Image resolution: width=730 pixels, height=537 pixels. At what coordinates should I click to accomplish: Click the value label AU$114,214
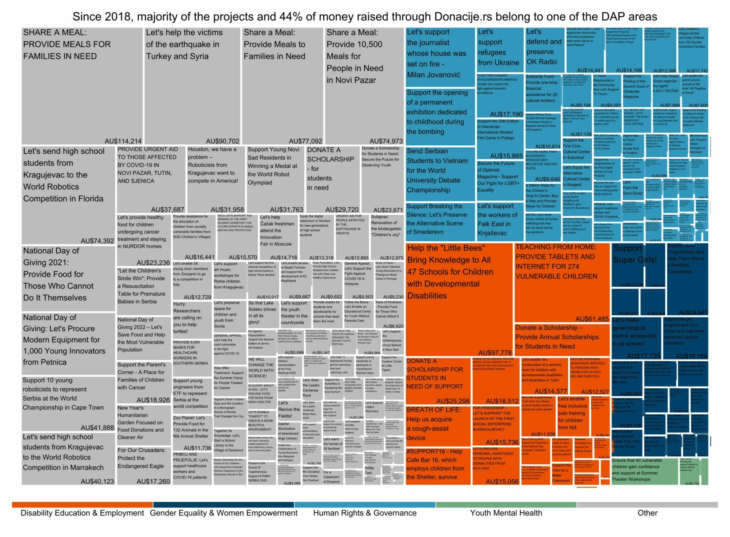[x=123, y=141]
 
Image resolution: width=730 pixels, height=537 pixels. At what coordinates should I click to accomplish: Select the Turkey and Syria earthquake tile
[x=192, y=86]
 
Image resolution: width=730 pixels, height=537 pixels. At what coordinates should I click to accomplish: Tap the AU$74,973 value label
[x=386, y=141]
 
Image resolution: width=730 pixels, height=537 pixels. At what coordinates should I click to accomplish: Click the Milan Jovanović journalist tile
[x=440, y=57]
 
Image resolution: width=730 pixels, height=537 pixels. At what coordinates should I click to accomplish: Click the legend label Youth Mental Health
[x=506, y=513]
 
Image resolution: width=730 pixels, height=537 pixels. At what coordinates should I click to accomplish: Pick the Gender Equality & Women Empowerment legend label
[x=223, y=513]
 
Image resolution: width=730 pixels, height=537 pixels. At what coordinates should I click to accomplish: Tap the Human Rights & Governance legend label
[x=365, y=513]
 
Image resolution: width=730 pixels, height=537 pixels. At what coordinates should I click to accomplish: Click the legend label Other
[x=647, y=513]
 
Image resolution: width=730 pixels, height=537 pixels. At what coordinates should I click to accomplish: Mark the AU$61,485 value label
[x=592, y=319]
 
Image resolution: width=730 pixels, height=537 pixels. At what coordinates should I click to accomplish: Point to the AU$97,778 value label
[x=495, y=353]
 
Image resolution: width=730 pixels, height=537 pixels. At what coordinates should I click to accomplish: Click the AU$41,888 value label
[x=97, y=427]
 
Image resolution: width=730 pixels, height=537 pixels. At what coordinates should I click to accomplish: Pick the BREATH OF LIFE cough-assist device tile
[x=438, y=426]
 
